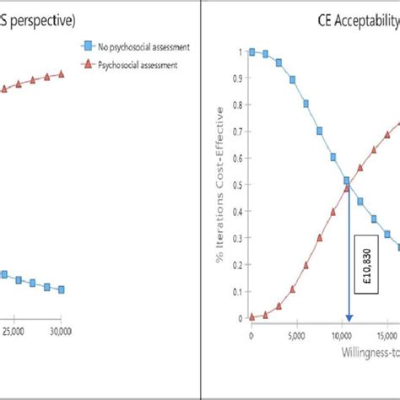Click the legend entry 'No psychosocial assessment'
(138, 46)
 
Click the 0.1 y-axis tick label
(240, 292)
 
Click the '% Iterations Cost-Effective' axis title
(220, 186)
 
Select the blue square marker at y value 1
(251, 51)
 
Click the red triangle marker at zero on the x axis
(251, 317)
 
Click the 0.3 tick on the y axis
(240, 239)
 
